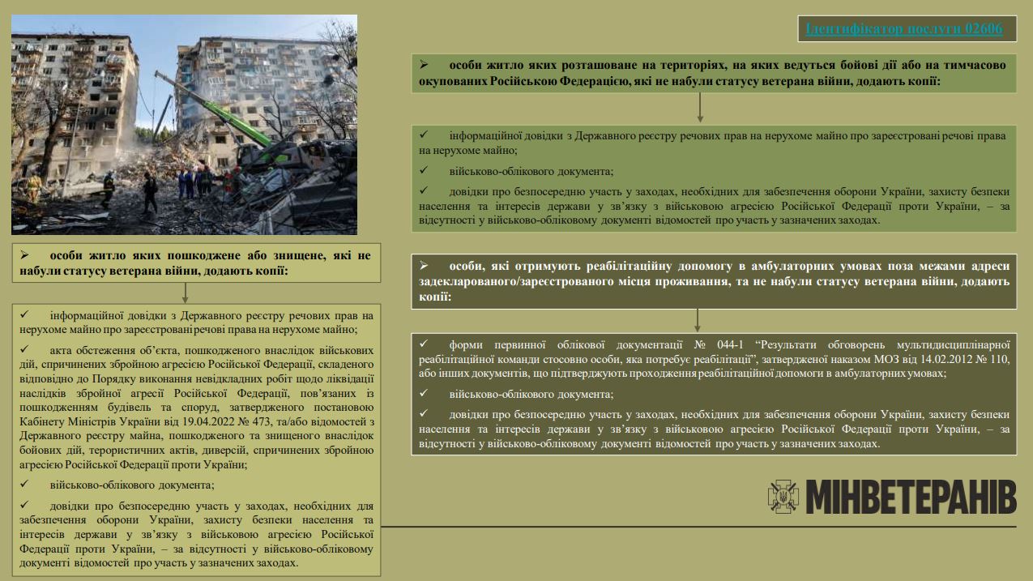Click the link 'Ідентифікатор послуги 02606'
904,29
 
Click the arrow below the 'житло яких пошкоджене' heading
186,293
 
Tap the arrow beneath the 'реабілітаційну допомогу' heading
697,319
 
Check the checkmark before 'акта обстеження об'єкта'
25,349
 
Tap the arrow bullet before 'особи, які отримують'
423,266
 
